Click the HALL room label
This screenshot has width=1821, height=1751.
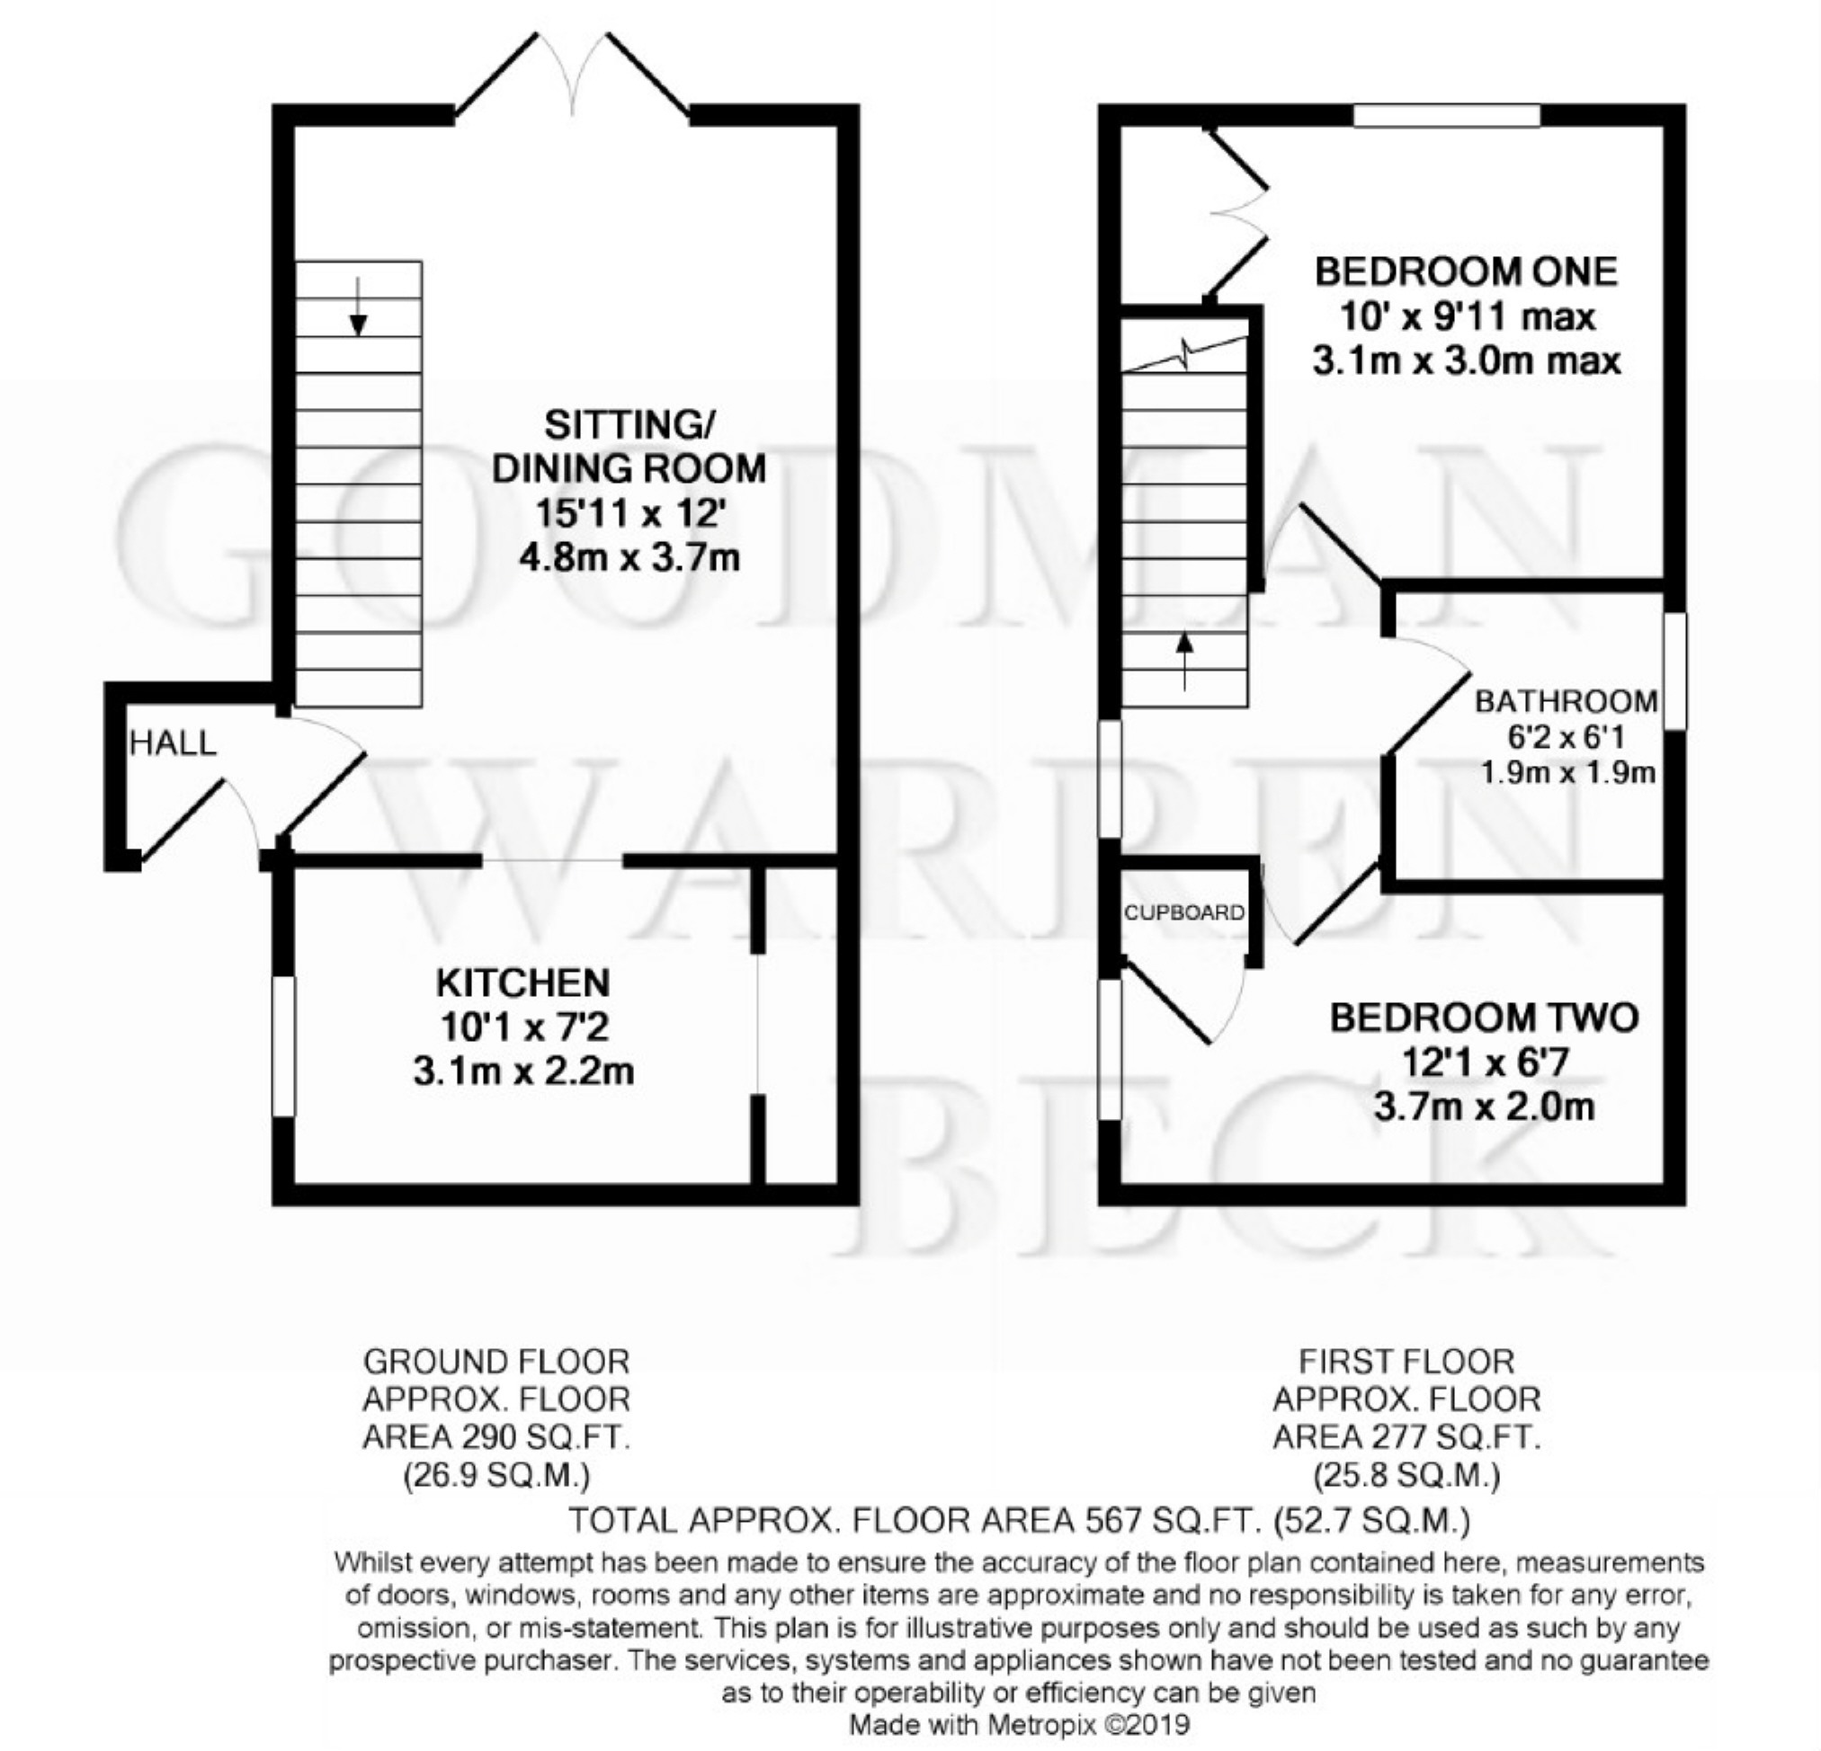[x=173, y=743]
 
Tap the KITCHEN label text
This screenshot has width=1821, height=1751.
[x=523, y=982]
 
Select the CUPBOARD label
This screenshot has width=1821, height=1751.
[x=1183, y=913]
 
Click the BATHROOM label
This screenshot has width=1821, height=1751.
[x=1567, y=701]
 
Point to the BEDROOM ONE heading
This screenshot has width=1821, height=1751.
[x=1466, y=272]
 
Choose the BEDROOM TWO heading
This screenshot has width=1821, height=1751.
[x=1484, y=1018]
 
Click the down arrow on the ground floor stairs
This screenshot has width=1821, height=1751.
[x=358, y=306]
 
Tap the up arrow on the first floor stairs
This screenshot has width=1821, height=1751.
[x=1184, y=662]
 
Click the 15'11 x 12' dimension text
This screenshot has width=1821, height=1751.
[x=629, y=513]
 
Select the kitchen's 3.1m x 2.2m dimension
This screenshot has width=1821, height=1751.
[x=523, y=1072]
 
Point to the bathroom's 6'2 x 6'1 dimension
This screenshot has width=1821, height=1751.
[x=1567, y=738]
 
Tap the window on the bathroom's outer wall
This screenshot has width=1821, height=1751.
[x=1674, y=670]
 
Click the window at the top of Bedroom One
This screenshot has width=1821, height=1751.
[x=1447, y=116]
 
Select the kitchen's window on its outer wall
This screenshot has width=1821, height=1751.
[x=283, y=1045]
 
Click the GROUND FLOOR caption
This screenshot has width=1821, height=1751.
[x=496, y=1362]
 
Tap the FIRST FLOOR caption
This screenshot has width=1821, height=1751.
[x=1406, y=1362]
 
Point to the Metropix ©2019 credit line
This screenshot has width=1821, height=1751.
[x=1020, y=1726]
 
